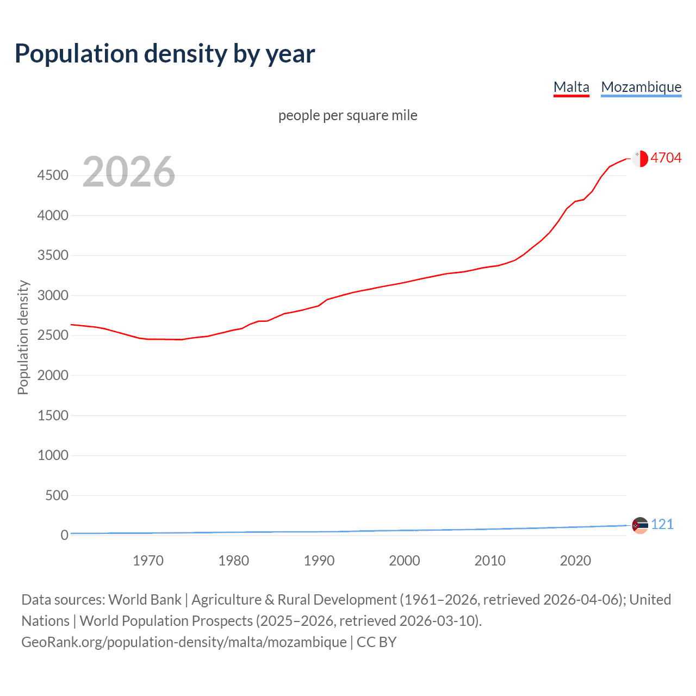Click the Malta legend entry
coord(571,87)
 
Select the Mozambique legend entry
coord(641,87)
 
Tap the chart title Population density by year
coord(165,54)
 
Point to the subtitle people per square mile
coord(347,115)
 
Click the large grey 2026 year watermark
coord(129,172)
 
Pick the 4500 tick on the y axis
coord(53,176)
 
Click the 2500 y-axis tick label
coord(53,335)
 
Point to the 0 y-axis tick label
coord(64,535)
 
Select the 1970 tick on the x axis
coord(148,561)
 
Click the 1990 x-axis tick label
coord(319,561)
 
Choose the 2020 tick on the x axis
coord(575,561)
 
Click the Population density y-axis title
coord(23,337)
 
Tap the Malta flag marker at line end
coord(640,158)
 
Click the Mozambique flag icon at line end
coord(640,525)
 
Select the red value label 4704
coord(666,158)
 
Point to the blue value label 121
coord(662,524)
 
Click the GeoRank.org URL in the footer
coord(184,642)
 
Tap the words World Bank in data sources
coord(145,600)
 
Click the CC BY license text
coord(376,642)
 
